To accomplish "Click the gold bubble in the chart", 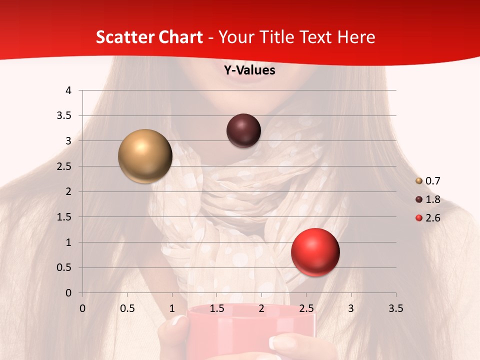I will click(x=145, y=156).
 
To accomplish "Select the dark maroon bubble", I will click(x=243, y=130).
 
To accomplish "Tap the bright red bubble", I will click(x=315, y=252).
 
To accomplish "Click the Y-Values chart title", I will click(x=249, y=70).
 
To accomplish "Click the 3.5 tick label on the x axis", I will click(x=395, y=308).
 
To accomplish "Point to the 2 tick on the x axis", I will click(x=261, y=308).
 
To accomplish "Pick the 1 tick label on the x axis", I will click(x=172, y=308).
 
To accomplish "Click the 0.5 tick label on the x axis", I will click(x=127, y=308).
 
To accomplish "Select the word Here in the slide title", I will click(x=356, y=37).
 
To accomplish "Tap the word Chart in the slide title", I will click(x=180, y=37).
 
